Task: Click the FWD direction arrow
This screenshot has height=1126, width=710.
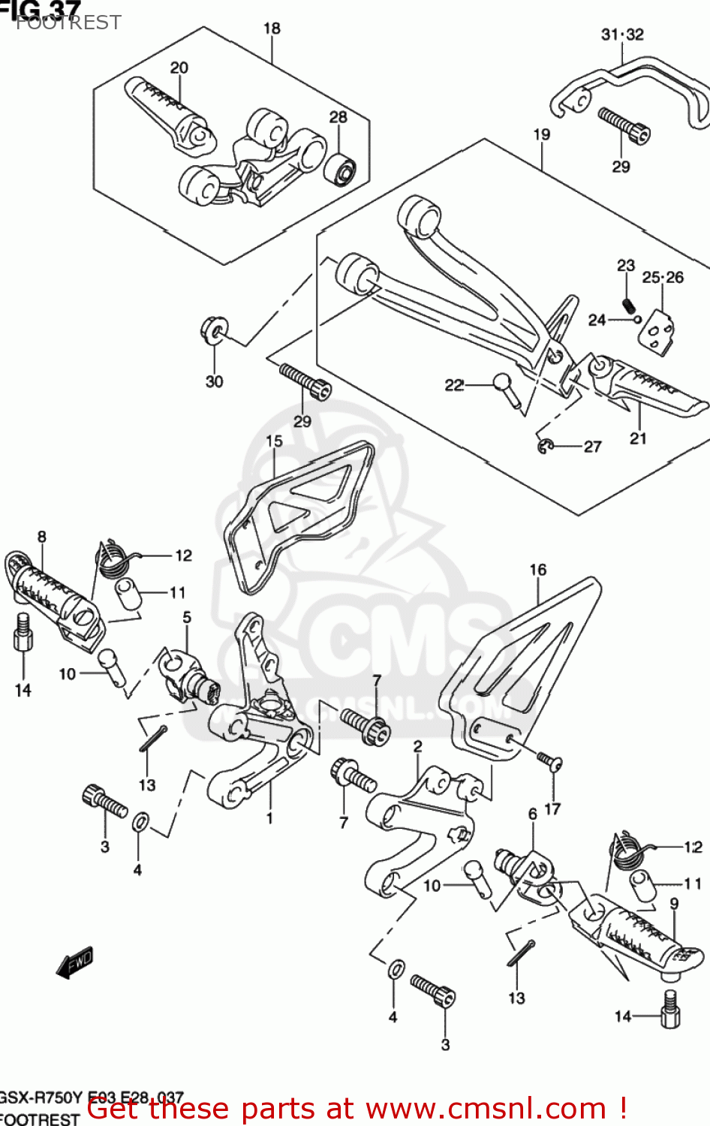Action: point(75,962)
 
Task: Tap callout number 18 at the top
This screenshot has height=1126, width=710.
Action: point(271,29)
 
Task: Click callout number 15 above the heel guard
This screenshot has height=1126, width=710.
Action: point(274,441)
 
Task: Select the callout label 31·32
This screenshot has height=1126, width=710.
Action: point(622,35)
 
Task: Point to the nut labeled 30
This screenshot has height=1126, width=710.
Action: point(213,330)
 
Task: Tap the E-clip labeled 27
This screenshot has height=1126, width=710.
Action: point(545,447)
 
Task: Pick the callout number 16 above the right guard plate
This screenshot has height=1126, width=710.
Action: point(538,570)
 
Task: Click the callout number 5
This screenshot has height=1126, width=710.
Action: point(187,617)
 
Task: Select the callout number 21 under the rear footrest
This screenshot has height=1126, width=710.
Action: point(638,438)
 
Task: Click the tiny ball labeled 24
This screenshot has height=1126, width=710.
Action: point(637,319)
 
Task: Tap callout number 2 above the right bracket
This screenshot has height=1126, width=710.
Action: point(417,746)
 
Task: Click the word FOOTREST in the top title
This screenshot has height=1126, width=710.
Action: point(68,23)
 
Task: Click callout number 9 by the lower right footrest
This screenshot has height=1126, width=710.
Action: point(674,904)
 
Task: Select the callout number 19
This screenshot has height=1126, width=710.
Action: point(542,134)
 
